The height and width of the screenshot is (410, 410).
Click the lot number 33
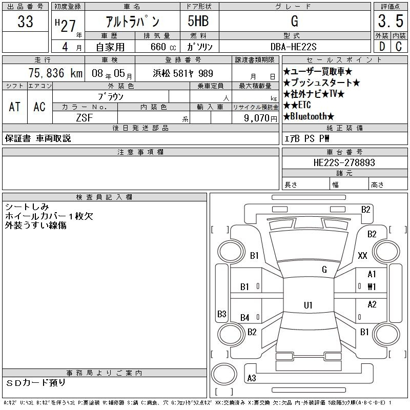pyautogui.click(x=25, y=22)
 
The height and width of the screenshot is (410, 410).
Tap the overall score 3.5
pyautogui.click(x=389, y=22)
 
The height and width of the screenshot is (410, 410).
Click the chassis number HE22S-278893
pyautogui.click(x=344, y=162)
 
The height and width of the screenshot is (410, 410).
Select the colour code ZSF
pyautogui.click(x=85, y=118)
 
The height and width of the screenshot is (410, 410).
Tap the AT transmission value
pyautogui.click(x=14, y=107)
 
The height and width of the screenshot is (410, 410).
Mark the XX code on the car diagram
pyautogui.click(x=362, y=255)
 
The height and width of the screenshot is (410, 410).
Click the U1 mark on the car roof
pyautogui.click(x=307, y=305)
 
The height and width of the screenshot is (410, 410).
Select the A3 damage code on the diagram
pyautogui.click(x=251, y=378)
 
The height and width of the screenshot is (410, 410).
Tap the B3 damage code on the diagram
pyautogui.click(x=221, y=314)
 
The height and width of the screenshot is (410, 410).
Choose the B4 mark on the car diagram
pyautogui.click(x=245, y=318)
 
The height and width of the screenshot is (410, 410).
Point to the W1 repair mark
pyautogui.click(x=372, y=286)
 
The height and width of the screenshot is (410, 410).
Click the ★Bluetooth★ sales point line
pyautogui.click(x=309, y=116)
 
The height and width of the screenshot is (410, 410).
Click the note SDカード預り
pyautogui.click(x=36, y=382)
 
